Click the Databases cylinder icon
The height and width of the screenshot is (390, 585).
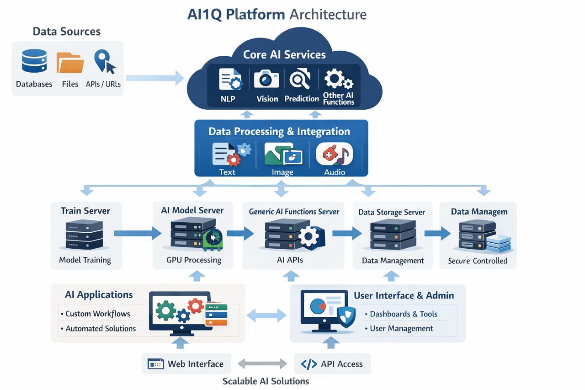pos(34,61)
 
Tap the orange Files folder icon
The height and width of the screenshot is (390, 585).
pos(70,63)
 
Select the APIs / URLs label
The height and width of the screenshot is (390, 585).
pos(103,84)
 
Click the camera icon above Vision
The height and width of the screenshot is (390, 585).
pos(266,80)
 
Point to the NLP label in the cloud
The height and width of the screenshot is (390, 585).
pos(228,99)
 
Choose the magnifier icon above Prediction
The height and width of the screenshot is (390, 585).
pos(300,80)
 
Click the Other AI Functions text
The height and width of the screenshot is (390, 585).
pos(338,99)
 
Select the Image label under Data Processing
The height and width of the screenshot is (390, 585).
pos(282,172)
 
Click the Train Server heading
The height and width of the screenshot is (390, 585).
pos(85,211)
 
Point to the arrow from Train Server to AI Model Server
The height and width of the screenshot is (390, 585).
pos(138,234)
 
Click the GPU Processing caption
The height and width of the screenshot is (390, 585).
pos(193,260)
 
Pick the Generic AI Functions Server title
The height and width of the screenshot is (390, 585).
pos(294,212)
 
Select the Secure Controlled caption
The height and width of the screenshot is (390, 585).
pos(478,261)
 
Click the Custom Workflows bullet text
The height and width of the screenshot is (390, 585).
pos(98,314)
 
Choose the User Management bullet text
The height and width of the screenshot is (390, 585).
pos(401,328)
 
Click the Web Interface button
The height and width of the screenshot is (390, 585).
pos(186,364)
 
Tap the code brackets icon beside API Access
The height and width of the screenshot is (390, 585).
pos(309,364)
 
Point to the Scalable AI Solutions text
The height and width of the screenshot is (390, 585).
pos(266,381)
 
